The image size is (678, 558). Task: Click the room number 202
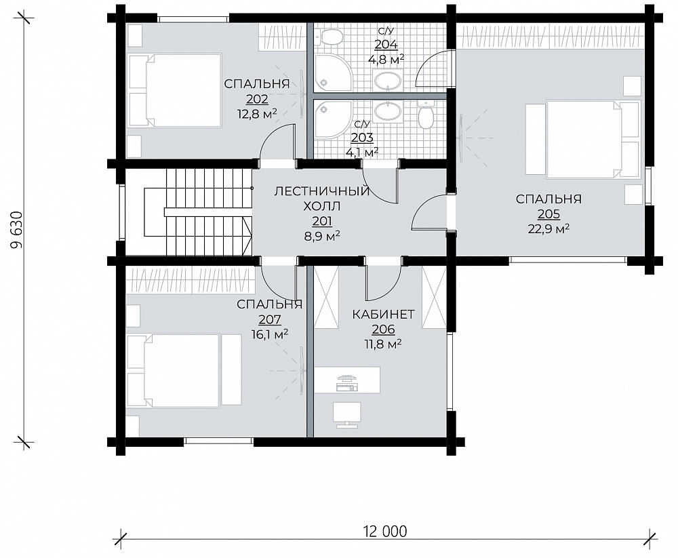(257, 100)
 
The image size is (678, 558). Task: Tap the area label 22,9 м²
(549, 228)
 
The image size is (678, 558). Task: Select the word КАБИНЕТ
(383, 315)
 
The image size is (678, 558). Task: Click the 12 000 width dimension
(385, 531)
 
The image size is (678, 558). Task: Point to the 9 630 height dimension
(16, 230)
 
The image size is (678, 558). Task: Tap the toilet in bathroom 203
(426, 115)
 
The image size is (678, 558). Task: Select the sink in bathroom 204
(388, 80)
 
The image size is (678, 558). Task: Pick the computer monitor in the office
(347, 414)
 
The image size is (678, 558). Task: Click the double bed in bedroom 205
(582, 139)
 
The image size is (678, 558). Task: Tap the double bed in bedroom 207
(183, 370)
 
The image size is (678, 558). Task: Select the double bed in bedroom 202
(175, 90)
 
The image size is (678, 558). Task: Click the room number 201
(322, 222)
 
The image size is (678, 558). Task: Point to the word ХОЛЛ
(321, 205)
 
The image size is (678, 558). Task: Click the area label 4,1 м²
(362, 153)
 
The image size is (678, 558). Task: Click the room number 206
(384, 330)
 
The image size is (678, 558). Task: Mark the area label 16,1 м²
(270, 334)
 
